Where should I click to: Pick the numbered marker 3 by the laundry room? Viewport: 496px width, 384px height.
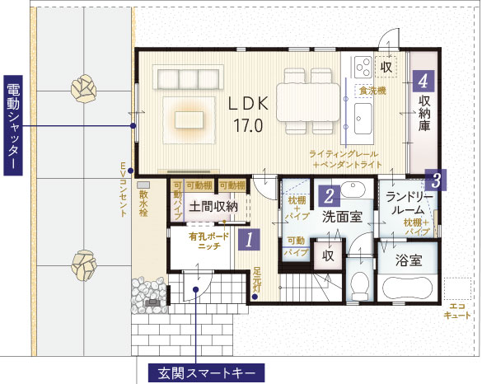tap(437, 178)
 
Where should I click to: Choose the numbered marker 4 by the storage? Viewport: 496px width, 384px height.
tap(423, 81)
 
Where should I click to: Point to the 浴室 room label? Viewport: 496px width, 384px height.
tap(409, 261)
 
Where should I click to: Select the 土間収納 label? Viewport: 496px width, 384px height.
tap(213, 207)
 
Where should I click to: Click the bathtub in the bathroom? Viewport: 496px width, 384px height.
tap(409, 288)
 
